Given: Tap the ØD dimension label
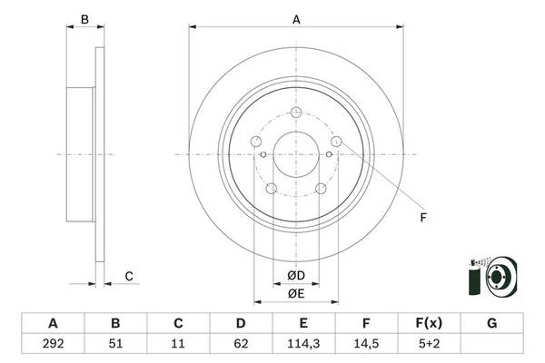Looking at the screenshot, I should pyautogui.click(x=296, y=276).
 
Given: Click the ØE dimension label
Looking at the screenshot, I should pyautogui.click(x=296, y=293).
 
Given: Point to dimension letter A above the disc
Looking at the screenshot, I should pyautogui.click(x=296, y=18).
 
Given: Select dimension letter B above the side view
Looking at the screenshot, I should pyautogui.click(x=84, y=18).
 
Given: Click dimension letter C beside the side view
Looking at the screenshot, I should pyautogui.click(x=129, y=276).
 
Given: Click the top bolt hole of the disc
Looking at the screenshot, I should pyautogui.click(x=296, y=113).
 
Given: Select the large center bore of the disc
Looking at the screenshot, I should pyautogui.click(x=296, y=153).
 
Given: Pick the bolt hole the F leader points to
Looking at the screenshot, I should pyautogui.click(x=336, y=142).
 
